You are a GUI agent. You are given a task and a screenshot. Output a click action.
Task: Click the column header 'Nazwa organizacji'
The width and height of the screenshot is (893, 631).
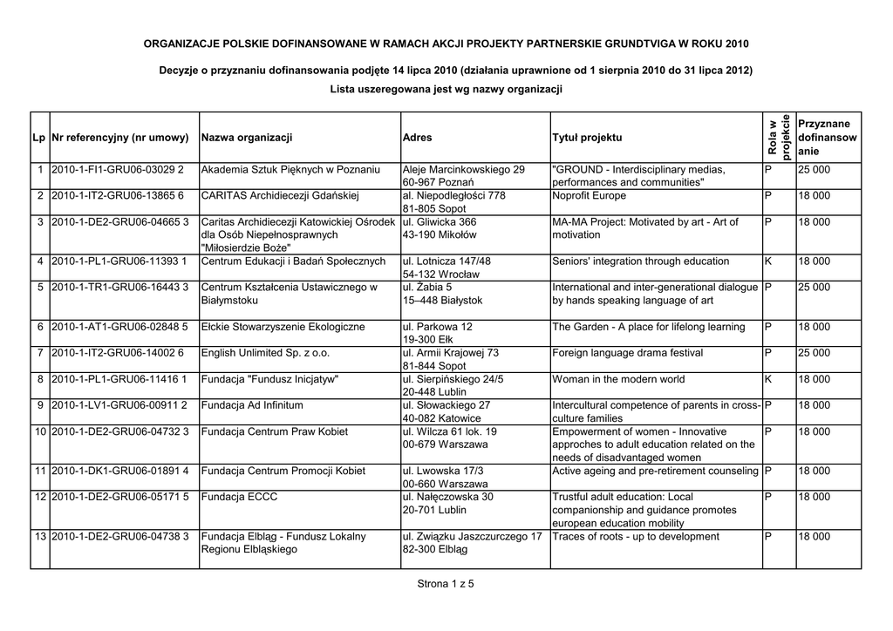pos(247,138)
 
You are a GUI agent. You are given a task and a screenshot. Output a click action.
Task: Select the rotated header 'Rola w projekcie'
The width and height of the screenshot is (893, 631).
pos(779,137)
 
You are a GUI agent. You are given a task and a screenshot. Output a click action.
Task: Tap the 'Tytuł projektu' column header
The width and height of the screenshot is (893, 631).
pos(587,138)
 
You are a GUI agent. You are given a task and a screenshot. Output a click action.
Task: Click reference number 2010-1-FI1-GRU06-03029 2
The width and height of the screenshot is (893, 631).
pos(118,169)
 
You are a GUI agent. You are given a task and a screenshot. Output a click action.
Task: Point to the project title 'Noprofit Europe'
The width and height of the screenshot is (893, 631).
pos(589,195)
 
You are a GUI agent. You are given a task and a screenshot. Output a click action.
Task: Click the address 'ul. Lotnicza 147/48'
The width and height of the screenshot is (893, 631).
pos(446,261)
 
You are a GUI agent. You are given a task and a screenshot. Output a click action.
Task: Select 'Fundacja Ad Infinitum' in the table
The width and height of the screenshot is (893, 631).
pos(252,405)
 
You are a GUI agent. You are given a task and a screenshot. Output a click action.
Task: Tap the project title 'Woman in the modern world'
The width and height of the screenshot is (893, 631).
pos(618,379)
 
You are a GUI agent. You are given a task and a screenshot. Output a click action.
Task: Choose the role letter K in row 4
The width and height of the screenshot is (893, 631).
pos(768,261)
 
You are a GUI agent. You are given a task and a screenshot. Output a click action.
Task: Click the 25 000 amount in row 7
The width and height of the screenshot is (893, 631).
pos(814,353)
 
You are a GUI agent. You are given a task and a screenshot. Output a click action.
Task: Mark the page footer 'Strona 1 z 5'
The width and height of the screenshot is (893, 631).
pos(446,584)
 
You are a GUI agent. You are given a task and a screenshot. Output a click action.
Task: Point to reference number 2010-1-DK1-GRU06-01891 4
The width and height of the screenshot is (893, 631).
pos(120,471)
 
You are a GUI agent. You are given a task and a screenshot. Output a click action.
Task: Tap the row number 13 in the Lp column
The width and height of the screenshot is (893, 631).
pos(40,536)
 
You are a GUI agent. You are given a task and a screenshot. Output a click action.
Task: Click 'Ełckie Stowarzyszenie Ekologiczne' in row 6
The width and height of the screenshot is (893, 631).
pos(283,327)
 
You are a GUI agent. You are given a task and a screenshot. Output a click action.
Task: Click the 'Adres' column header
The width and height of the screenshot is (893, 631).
pos(418,138)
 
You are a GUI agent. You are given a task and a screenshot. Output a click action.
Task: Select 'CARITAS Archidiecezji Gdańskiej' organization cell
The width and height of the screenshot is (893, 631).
pos(280,195)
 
